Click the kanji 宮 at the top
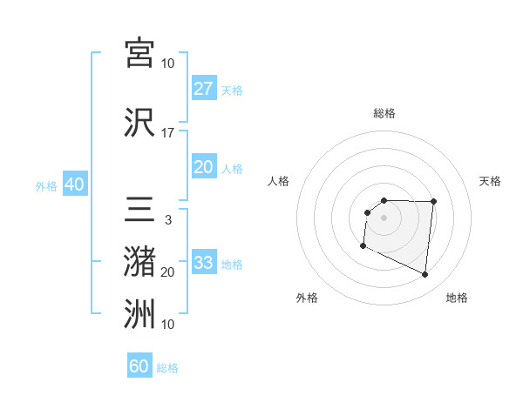(139, 52)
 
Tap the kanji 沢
(139, 122)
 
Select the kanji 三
(139, 211)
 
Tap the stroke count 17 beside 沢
(168, 133)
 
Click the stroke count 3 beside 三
(168, 221)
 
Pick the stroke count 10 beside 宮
(168, 64)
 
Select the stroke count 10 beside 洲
(168, 325)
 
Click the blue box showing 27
(203, 89)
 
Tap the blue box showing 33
(203, 263)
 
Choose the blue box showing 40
(74, 184)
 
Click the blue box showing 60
(139, 366)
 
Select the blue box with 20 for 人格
(203, 167)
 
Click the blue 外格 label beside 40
(46, 185)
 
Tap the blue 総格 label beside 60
(167, 368)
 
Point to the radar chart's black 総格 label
(384, 113)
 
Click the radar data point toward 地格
(425, 275)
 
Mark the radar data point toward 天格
(434, 202)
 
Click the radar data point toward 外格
(363, 246)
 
